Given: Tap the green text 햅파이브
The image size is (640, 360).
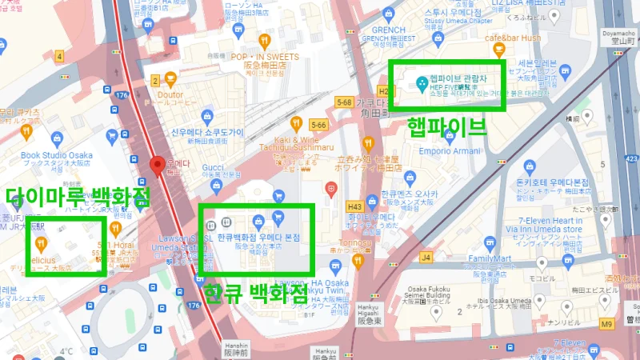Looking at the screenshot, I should tap(446, 126).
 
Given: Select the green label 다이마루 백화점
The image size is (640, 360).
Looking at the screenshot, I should tap(78, 197).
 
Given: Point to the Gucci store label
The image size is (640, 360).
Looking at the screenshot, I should tap(212, 167).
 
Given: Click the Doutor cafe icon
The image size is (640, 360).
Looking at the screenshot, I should tap(171, 78).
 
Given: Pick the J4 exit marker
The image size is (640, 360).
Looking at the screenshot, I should tap(426, 257).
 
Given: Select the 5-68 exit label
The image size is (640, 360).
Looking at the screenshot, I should tap(346, 102).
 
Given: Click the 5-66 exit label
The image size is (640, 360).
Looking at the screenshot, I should tap(318, 125).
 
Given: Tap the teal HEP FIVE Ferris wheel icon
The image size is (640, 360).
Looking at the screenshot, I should tap(421, 82).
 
